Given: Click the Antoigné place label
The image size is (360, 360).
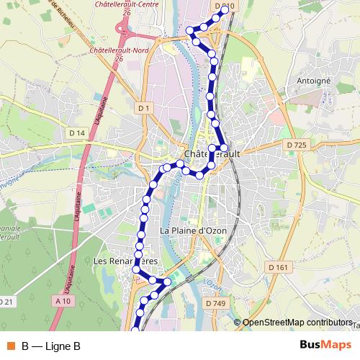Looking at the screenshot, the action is (x=313, y=81).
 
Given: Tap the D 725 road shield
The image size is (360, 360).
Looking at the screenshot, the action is (x=296, y=145).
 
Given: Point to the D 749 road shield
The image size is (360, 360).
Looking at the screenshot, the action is (x=215, y=304).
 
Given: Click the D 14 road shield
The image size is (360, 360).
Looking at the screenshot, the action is (x=77, y=133).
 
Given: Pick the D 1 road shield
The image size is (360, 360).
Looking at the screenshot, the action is (x=144, y=109).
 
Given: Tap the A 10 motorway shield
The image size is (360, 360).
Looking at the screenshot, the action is (x=63, y=302).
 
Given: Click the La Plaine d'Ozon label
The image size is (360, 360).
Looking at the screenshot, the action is (x=193, y=230).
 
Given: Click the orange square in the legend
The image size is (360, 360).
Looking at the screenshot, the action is (x=11, y=346).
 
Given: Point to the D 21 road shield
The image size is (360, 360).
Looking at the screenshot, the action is (x=6, y=302).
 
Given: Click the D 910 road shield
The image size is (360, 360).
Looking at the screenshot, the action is (x=224, y=6).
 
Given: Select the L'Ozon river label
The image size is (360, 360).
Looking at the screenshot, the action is (x=210, y=282).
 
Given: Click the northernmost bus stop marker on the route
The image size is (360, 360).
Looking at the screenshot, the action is (x=225, y=9).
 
